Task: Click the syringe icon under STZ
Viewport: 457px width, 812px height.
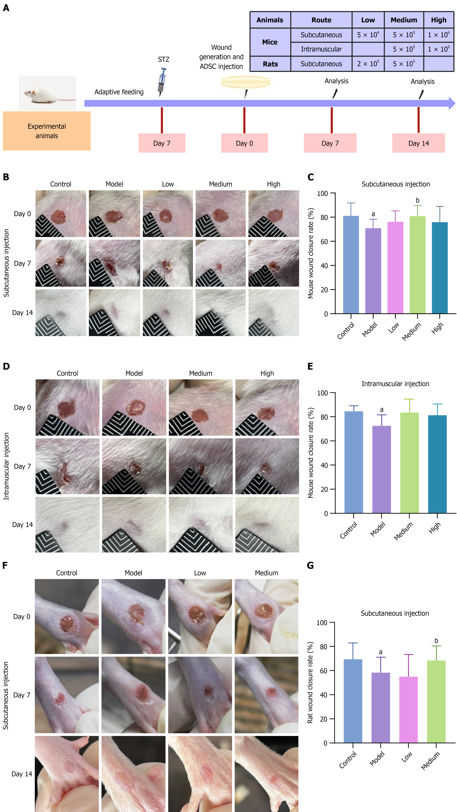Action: [x=162, y=81]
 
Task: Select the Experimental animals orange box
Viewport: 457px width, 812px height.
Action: [x=47, y=131]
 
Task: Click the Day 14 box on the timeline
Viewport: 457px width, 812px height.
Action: [x=418, y=143]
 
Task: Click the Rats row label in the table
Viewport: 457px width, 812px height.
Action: [x=270, y=64]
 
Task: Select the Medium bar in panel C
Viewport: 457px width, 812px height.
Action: [x=417, y=265]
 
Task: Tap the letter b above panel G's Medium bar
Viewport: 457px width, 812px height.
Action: [x=436, y=640]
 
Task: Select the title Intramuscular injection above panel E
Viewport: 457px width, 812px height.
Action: [x=395, y=384]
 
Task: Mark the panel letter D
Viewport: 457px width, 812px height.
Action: [x=6, y=366]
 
